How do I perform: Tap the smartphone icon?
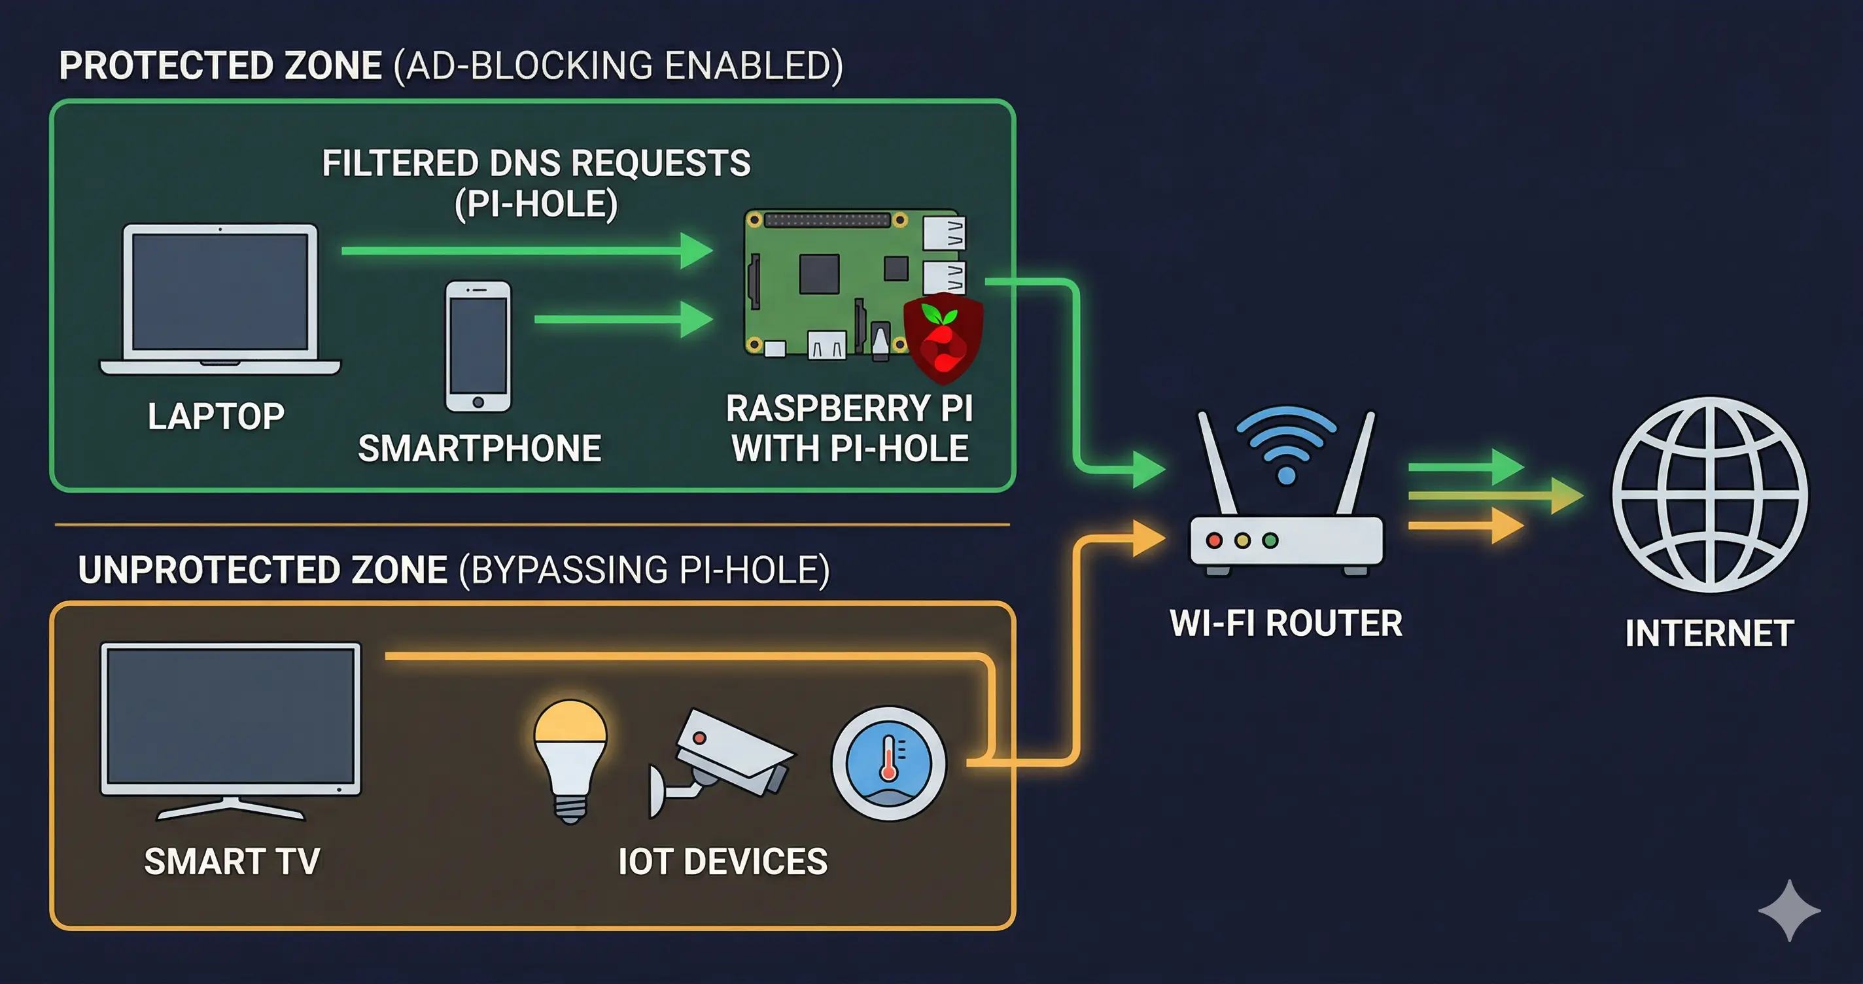pyautogui.click(x=478, y=347)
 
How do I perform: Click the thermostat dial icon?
pyautogui.click(x=889, y=764)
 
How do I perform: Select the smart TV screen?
pyautogui.click(x=231, y=718)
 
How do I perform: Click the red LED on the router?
pyautogui.click(x=1214, y=540)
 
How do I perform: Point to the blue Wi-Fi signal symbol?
pyautogui.click(x=1287, y=442)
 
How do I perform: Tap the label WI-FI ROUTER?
pyautogui.click(x=1286, y=624)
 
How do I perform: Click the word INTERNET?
pyautogui.click(x=1710, y=633)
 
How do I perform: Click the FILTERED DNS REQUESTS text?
pyautogui.click(x=536, y=164)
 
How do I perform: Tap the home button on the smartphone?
pyautogui.click(x=478, y=402)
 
